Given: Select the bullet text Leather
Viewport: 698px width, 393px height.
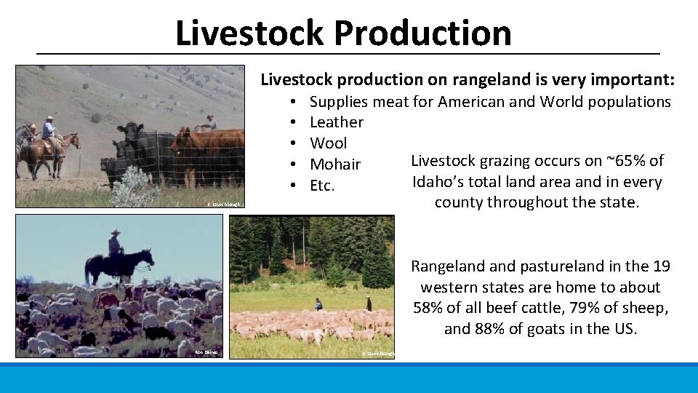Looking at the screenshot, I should [336, 122].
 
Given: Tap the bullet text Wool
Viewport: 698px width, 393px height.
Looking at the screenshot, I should [328, 143].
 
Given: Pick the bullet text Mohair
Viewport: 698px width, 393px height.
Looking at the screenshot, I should [334, 164].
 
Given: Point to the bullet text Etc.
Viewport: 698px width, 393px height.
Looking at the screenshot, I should [322, 186].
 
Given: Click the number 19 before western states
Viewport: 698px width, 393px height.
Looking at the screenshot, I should [656, 266].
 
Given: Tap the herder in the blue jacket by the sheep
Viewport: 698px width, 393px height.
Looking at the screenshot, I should [318, 303].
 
